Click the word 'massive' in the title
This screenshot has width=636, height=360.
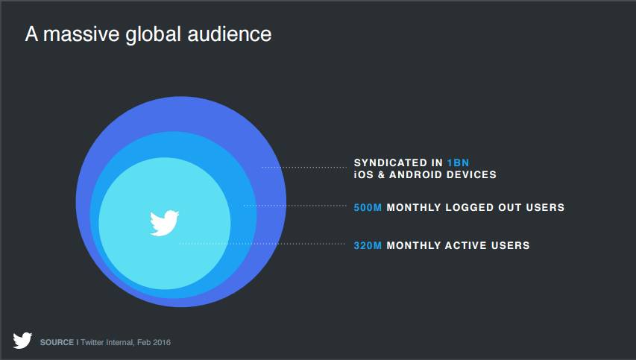[x=81, y=34]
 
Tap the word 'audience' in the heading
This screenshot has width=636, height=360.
[x=230, y=34]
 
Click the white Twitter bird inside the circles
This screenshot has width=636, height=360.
[x=164, y=223]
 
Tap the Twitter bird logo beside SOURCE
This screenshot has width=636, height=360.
[x=22, y=341]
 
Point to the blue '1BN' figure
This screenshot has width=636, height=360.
[x=458, y=162]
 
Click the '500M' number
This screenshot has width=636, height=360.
[x=368, y=207]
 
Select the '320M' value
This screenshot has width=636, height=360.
[x=368, y=246]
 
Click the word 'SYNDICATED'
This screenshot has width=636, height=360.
[x=390, y=162]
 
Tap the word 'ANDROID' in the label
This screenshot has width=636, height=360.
[x=416, y=174]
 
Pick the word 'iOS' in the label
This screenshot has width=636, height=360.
[x=363, y=174]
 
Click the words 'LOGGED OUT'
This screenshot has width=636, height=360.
[x=483, y=207]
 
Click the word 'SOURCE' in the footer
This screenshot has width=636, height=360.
[x=57, y=343]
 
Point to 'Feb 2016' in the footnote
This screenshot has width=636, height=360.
[x=154, y=343]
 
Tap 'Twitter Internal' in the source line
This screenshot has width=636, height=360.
[x=107, y=343]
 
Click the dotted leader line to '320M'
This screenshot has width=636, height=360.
[x=262, y=244]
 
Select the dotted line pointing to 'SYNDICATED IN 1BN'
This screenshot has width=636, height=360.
[x=304, y=167]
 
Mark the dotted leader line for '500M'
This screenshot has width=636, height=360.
[x=295, y=206]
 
